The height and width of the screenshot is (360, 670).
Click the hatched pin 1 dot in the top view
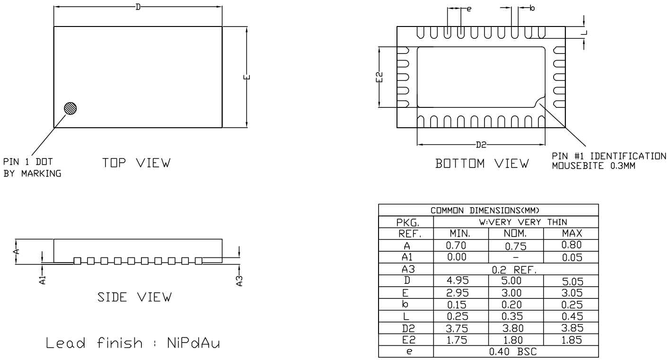click(71, 108)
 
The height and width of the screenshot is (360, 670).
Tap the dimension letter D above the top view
click(138, 8)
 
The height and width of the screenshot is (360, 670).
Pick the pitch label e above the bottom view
click(469, 8)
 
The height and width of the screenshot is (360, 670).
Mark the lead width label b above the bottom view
click(531, 8)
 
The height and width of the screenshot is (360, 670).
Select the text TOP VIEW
click(136, 163)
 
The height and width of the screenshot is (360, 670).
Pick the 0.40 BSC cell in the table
click(516, 352)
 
